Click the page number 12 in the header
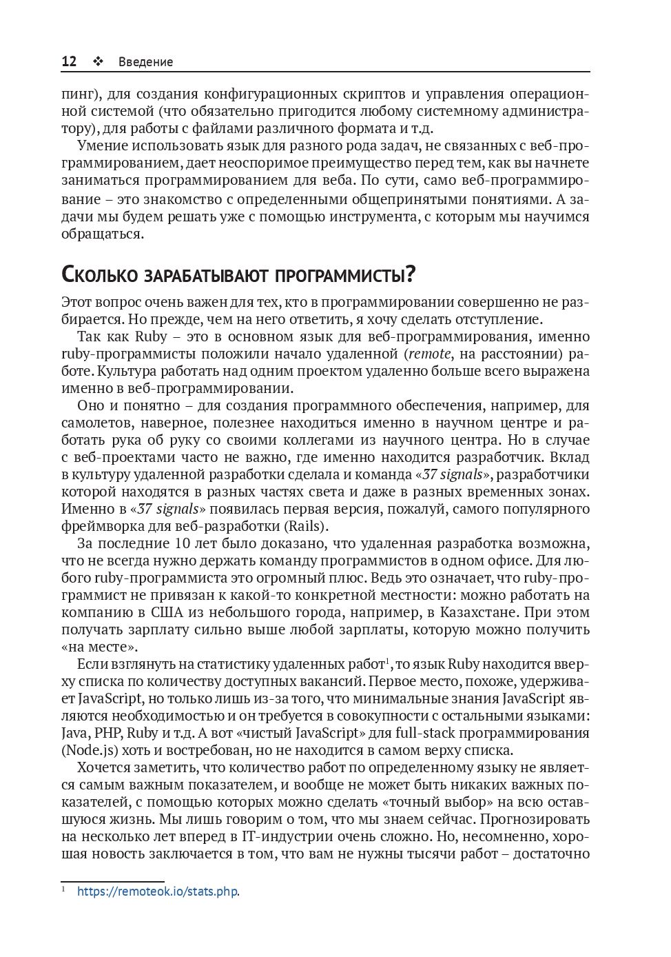point(69,61)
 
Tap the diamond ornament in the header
point(97,61)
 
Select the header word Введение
point(145,62)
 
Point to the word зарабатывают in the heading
point(207,274)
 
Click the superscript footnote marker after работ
point(389,661)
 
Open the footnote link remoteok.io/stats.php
point(158,891)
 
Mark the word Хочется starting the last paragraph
point(104,767)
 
